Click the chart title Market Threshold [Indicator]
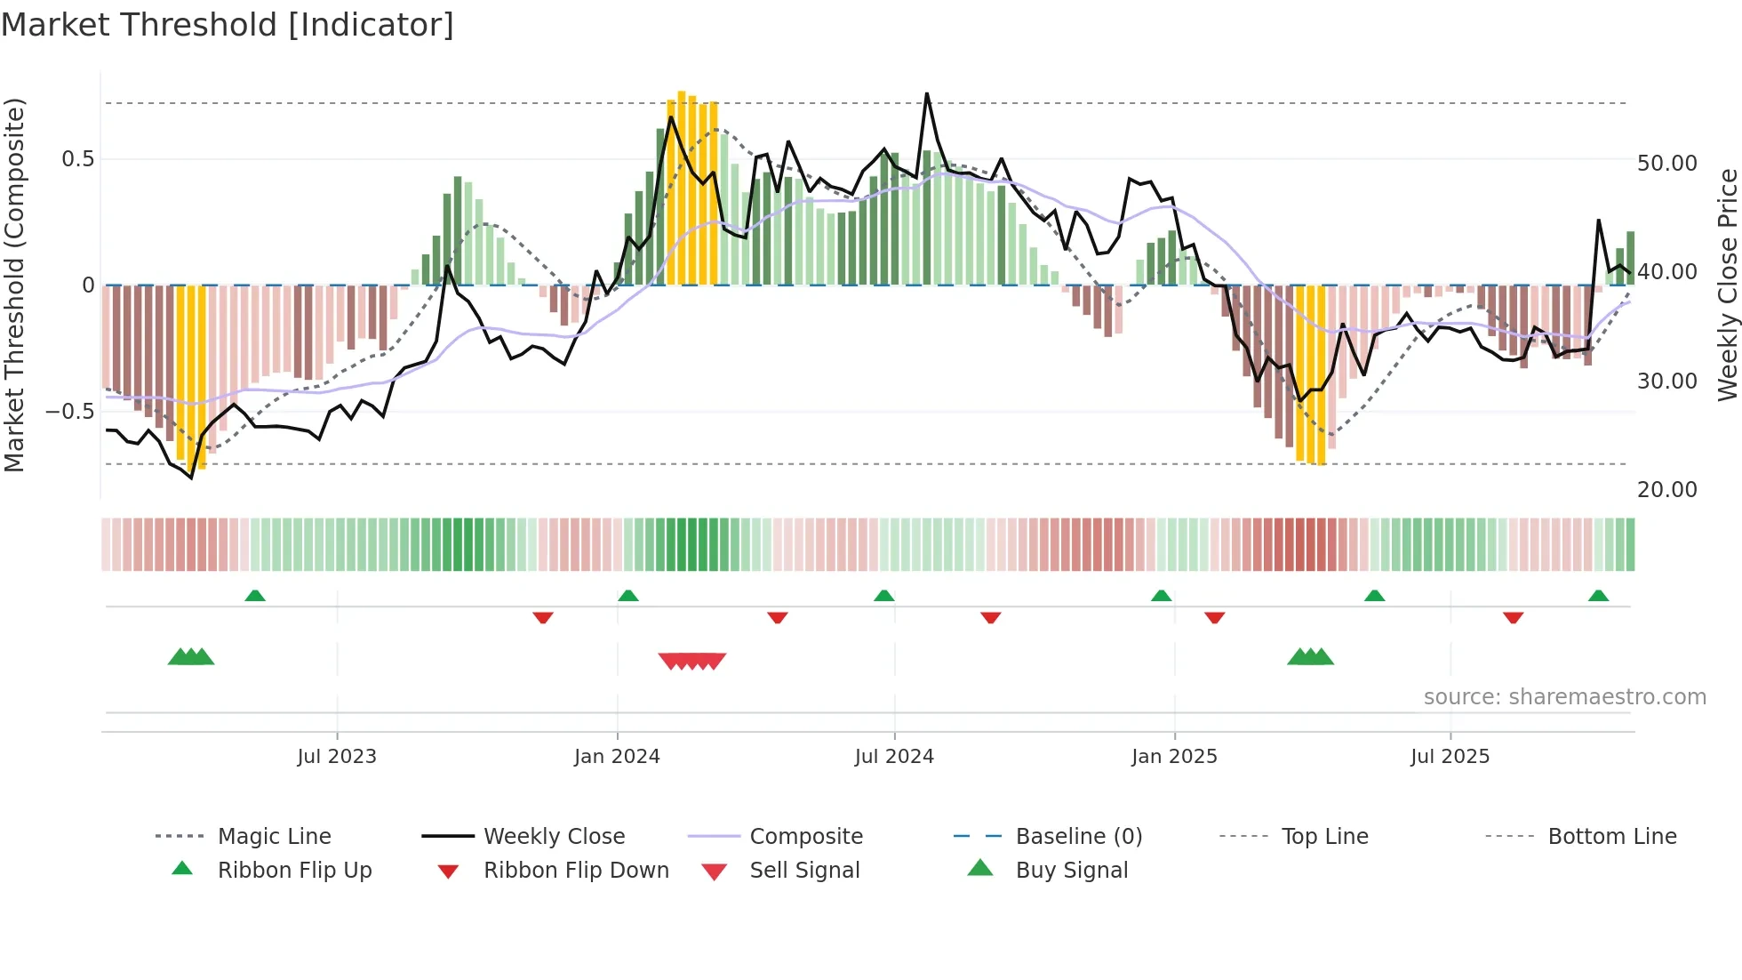click(x=228, y=25)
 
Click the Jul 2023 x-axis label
click(x=337, y=757)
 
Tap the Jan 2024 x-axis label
click(x=617, y=757)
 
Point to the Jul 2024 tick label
click(x=894, y=757)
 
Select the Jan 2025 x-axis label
click(x=1174, y=757)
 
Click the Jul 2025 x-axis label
click(x=1450, y=757)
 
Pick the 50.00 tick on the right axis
click(x=1666, y=164)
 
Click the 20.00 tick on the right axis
click(x=1666, y=490)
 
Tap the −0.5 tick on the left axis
click(x=69, y=412)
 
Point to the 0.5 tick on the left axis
click(x=77, y=159)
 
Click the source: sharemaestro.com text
click(x=1564, y=697)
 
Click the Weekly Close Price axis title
click(x=1727, y=285)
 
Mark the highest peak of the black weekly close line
click(x=926, y=94)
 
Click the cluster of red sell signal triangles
click(x=692, y=661)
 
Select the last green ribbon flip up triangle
click(x=1598, y=596)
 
